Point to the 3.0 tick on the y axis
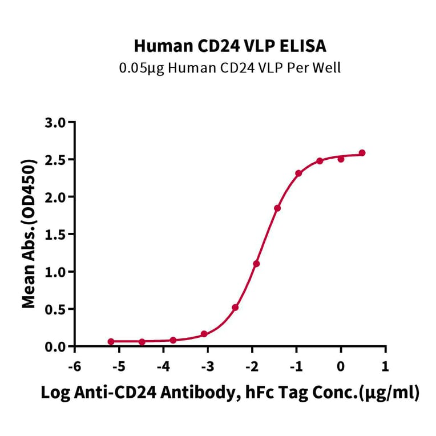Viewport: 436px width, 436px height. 55,122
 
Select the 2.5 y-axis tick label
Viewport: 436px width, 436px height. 55,160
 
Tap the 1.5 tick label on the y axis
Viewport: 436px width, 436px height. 55,235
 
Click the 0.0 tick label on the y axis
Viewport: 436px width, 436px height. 55,346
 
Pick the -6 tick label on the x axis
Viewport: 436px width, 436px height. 74,365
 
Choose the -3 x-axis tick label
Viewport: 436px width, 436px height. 207,365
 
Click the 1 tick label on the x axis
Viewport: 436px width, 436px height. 385,365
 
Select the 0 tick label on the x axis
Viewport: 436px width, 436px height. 341,365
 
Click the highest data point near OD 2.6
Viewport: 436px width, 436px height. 362,153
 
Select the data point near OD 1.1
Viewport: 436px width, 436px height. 256,264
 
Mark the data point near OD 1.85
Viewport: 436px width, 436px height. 277,208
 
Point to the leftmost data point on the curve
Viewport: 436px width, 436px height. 111,341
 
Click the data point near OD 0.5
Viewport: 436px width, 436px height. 235,307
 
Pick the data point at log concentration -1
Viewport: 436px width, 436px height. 298,173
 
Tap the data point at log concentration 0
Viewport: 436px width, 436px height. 341,159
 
